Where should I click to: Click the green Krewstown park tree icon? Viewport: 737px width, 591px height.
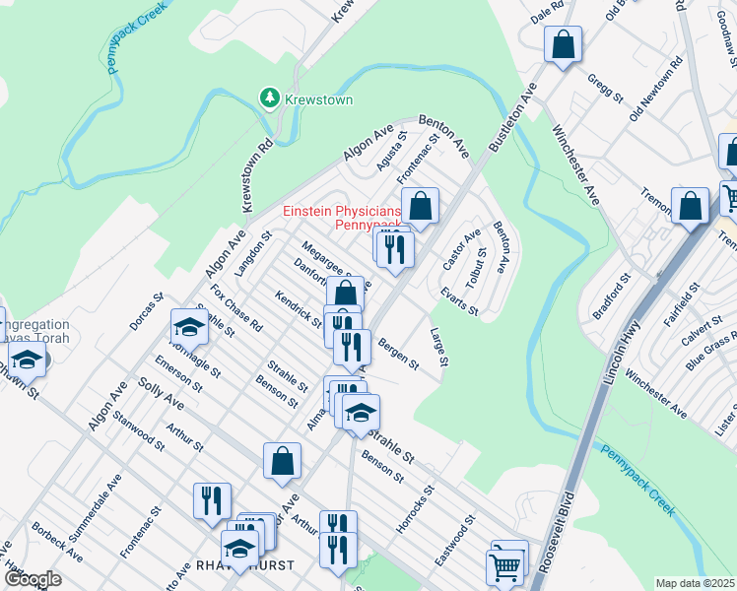click(x=267, y=98)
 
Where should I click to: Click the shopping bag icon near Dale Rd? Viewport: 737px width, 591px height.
click(x=562, y=44)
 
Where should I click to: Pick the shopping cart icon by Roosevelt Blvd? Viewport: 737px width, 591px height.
click(x=503, y=566)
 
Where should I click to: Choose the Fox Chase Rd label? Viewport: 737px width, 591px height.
click(x=236, y=308)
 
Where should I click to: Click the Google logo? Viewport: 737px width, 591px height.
click(x=33, y=578)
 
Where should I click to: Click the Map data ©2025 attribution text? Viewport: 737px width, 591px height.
click(x=694, y=583)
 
